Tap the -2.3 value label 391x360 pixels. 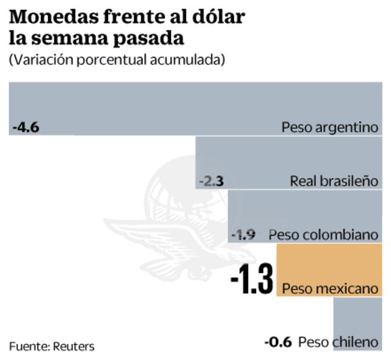tap(211, 182)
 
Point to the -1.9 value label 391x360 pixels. tap(243, 235)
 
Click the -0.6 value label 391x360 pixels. tap(278, 342)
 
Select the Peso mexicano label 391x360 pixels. tap(329, 289)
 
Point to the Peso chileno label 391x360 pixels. tap(338, 342)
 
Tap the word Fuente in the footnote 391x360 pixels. tap(28, 347)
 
